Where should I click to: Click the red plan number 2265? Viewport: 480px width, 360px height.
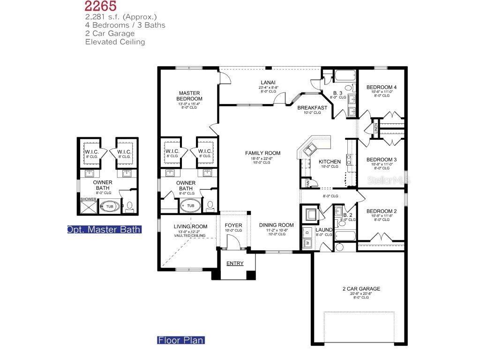[101, 6]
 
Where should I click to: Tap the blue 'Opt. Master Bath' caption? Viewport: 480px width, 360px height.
[104, 230]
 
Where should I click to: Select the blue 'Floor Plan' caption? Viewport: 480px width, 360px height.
[180, 340]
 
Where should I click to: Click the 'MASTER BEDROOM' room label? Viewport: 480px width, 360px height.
[189, 96]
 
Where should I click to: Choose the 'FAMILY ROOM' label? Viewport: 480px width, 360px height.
[263, 153]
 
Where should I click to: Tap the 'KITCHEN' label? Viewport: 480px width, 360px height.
[330, 162]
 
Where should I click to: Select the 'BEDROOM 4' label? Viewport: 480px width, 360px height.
[382, 87]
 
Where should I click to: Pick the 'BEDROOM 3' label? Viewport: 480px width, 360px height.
[382, 159]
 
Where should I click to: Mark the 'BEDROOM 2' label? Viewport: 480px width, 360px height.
[382, 211]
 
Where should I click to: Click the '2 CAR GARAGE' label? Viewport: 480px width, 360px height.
[361, 289]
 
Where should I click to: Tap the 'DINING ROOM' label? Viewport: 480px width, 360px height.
[277, 225]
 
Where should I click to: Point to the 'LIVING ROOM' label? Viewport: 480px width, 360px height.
[190, 227]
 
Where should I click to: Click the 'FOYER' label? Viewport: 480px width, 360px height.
[233, 225]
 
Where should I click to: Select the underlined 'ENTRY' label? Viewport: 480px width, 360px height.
[235, 263]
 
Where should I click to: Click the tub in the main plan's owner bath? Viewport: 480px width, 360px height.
[191, 206]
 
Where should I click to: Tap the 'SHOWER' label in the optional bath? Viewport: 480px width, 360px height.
[89, 199]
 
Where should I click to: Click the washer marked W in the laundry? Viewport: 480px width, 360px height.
[307, 243]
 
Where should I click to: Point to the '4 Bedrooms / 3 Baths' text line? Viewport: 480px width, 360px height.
[125, 25]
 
